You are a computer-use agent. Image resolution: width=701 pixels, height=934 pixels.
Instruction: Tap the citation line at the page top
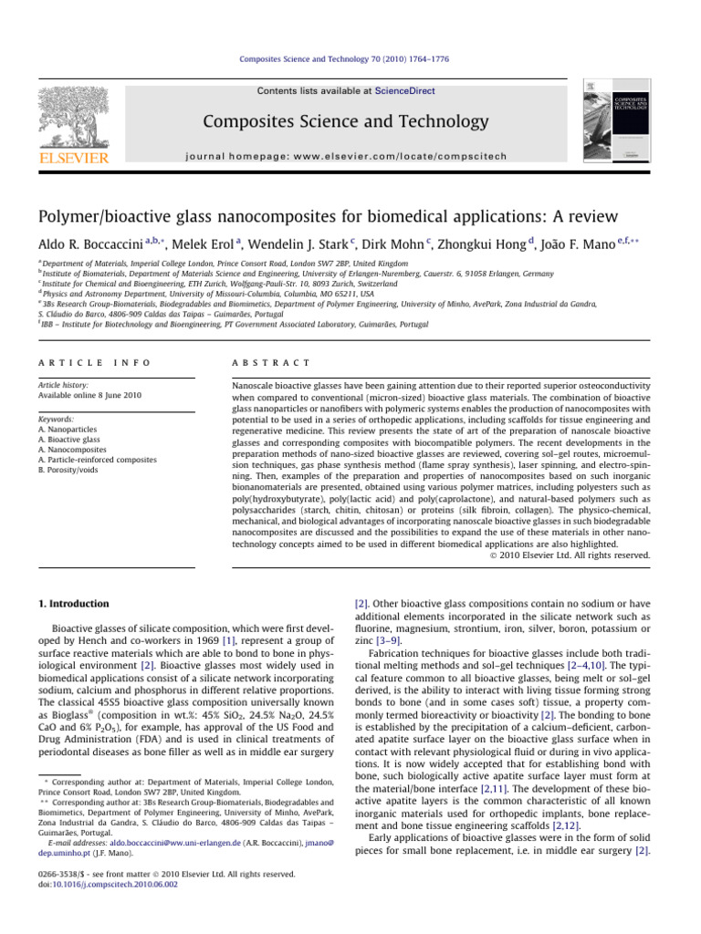click(350, 58)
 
